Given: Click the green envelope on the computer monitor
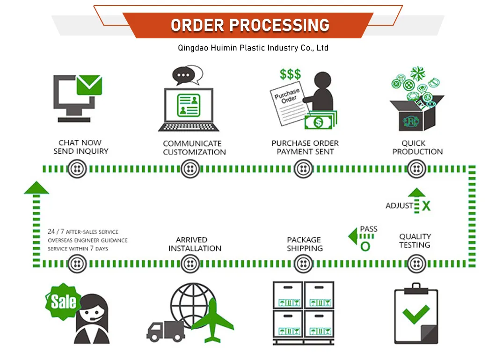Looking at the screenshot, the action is (89, 85).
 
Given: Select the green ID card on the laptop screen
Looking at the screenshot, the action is (189, 105).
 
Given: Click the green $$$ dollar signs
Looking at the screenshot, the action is (290, 75).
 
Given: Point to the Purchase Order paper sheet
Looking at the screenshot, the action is (289, 103).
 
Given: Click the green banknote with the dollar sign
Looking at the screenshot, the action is (319, 122).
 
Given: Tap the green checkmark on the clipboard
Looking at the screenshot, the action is (416, 314).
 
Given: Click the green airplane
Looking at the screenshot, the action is (213, 321).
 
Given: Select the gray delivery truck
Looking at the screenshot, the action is (166, 331).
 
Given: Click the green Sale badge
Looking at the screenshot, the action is (63, 302).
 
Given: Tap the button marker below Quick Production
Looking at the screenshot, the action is (416, 168).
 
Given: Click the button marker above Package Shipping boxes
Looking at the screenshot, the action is (303, 264).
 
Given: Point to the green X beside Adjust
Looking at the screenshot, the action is (426, 206).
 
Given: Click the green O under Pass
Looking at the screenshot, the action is (365, 246).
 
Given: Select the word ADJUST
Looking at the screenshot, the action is (399, 206).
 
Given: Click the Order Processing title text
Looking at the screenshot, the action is (250, 25).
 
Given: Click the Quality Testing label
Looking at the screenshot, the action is (415, 241).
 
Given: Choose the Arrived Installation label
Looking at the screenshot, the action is (195, 244).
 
